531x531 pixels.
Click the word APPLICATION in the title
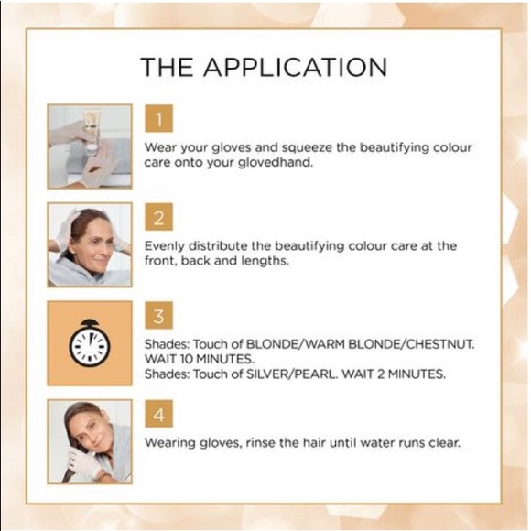(x=295, y=67)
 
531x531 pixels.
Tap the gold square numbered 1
(x=158, y=118)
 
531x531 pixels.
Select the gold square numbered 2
(x=158, y=217)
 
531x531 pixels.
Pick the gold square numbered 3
(x=158, y=315)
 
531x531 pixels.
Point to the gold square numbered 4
(x=158, y=414)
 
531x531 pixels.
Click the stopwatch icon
(x=90, y=343)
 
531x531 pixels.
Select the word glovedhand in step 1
(x=275, y=163)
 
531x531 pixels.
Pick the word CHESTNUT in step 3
(x=439, y=344)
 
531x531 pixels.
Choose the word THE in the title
(x=167, y=67)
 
